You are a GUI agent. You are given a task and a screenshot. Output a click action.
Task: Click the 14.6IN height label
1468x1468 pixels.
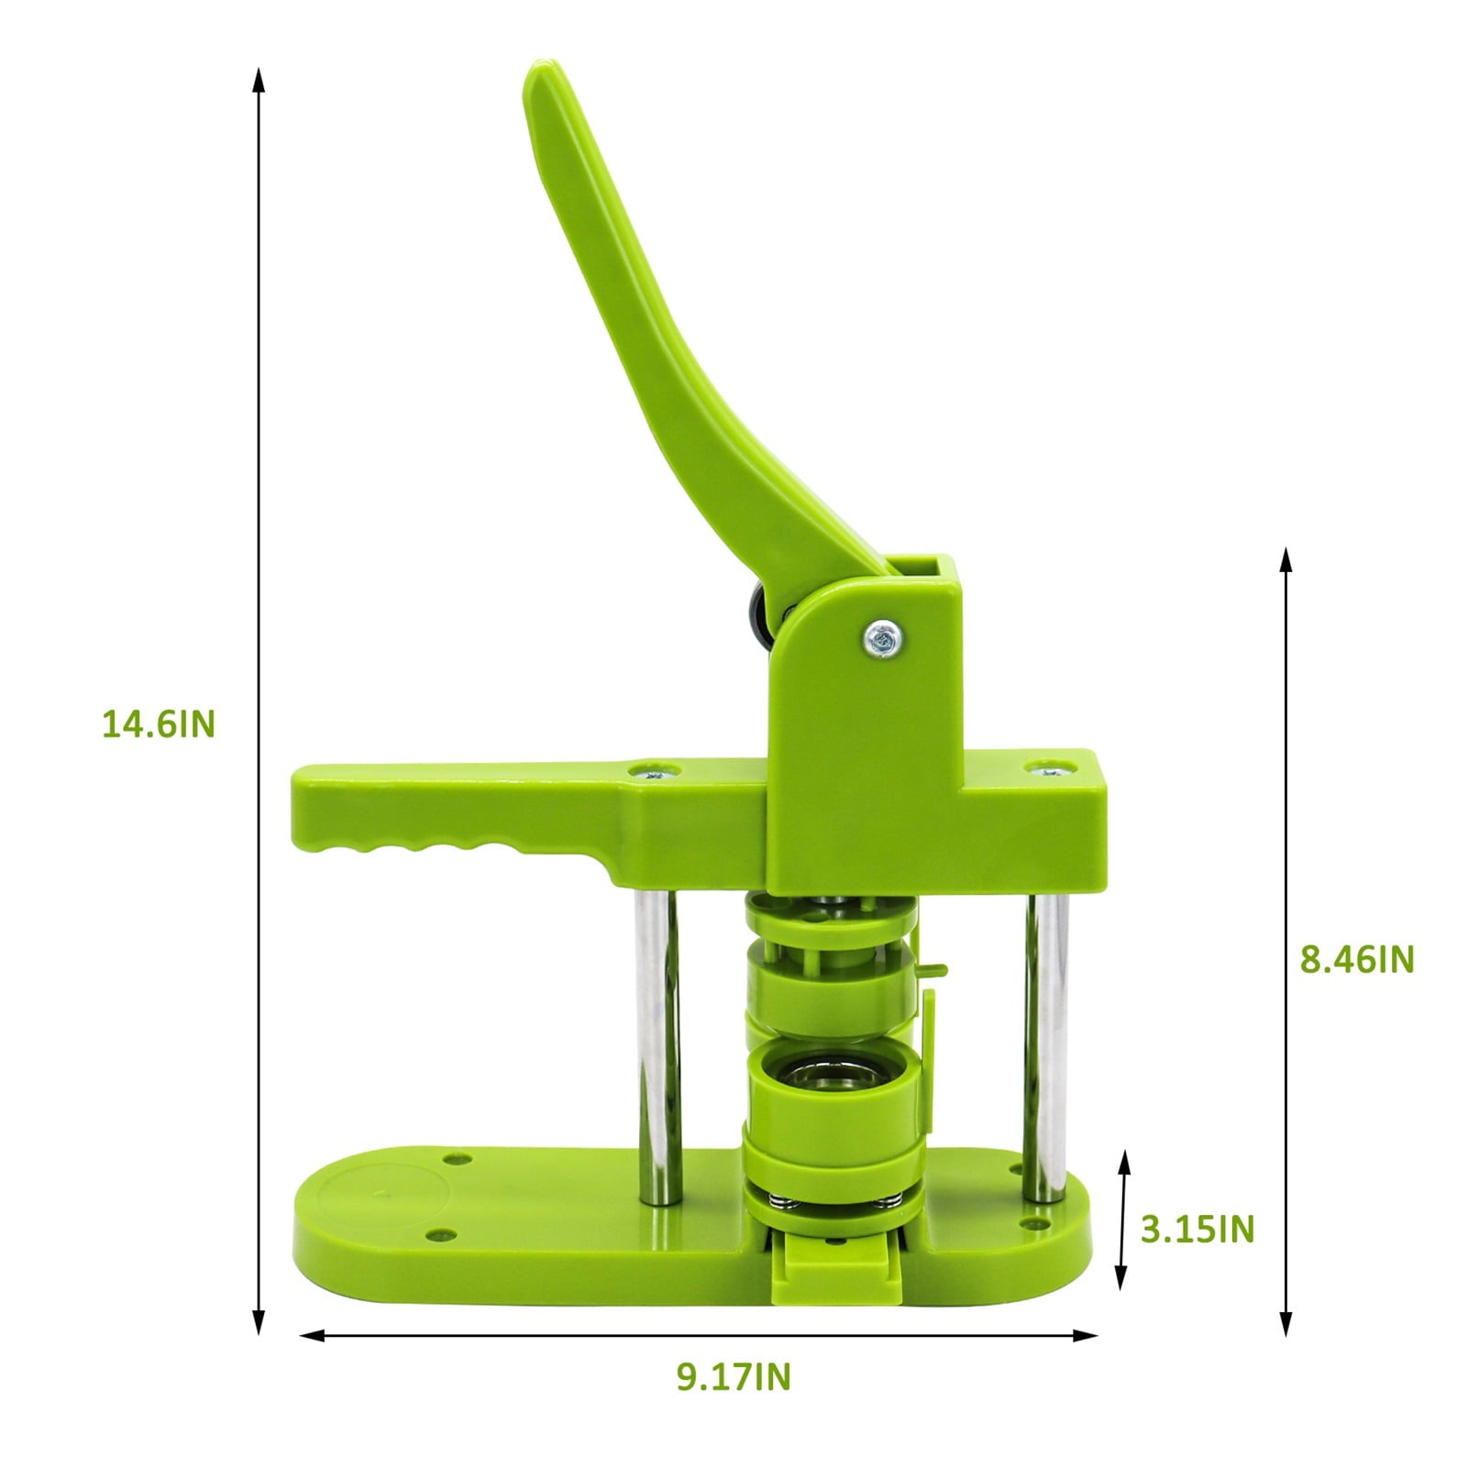point(158,725)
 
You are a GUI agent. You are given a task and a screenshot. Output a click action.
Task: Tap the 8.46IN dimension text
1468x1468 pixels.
point(1357,960)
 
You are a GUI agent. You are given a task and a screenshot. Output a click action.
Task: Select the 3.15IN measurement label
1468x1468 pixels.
point(1198,1229)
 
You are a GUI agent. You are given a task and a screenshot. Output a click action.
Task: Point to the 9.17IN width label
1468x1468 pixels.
point(734,1377)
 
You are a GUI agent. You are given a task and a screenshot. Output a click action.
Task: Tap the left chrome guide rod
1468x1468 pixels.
point(656,1044)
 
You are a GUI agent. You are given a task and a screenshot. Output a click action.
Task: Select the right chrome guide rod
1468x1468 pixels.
point(1045,1044)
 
